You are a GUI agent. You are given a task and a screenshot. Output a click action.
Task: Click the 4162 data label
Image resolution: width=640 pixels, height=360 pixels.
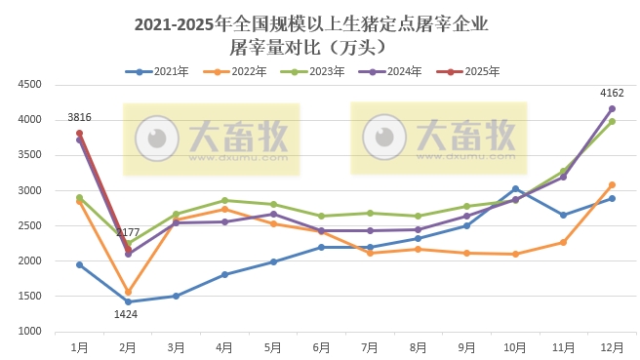(612, 94)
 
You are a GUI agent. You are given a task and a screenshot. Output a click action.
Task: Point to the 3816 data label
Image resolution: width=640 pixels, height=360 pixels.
(80, 118)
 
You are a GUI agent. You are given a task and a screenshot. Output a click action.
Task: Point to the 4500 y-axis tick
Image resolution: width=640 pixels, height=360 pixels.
(28, 85)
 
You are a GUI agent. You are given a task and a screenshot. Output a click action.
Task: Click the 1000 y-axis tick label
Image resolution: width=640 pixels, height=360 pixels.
(28, 332)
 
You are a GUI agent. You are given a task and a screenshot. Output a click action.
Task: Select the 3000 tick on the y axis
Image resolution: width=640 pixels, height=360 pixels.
(28, 190)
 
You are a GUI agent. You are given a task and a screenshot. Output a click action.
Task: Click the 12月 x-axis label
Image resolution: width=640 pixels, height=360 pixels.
(611, 347)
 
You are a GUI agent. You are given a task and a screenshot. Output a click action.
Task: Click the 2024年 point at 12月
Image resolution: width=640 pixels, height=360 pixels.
(612, 108)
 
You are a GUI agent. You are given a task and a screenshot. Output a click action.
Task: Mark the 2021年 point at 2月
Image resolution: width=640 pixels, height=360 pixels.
(128, 301)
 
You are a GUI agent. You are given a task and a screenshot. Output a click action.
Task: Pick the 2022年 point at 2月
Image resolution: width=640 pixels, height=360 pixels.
(128, 292)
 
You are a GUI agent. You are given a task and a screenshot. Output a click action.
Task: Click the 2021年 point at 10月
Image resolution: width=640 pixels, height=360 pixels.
(515, 188)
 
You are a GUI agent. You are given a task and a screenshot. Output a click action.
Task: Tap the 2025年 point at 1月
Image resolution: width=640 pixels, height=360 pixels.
(80, 133)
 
